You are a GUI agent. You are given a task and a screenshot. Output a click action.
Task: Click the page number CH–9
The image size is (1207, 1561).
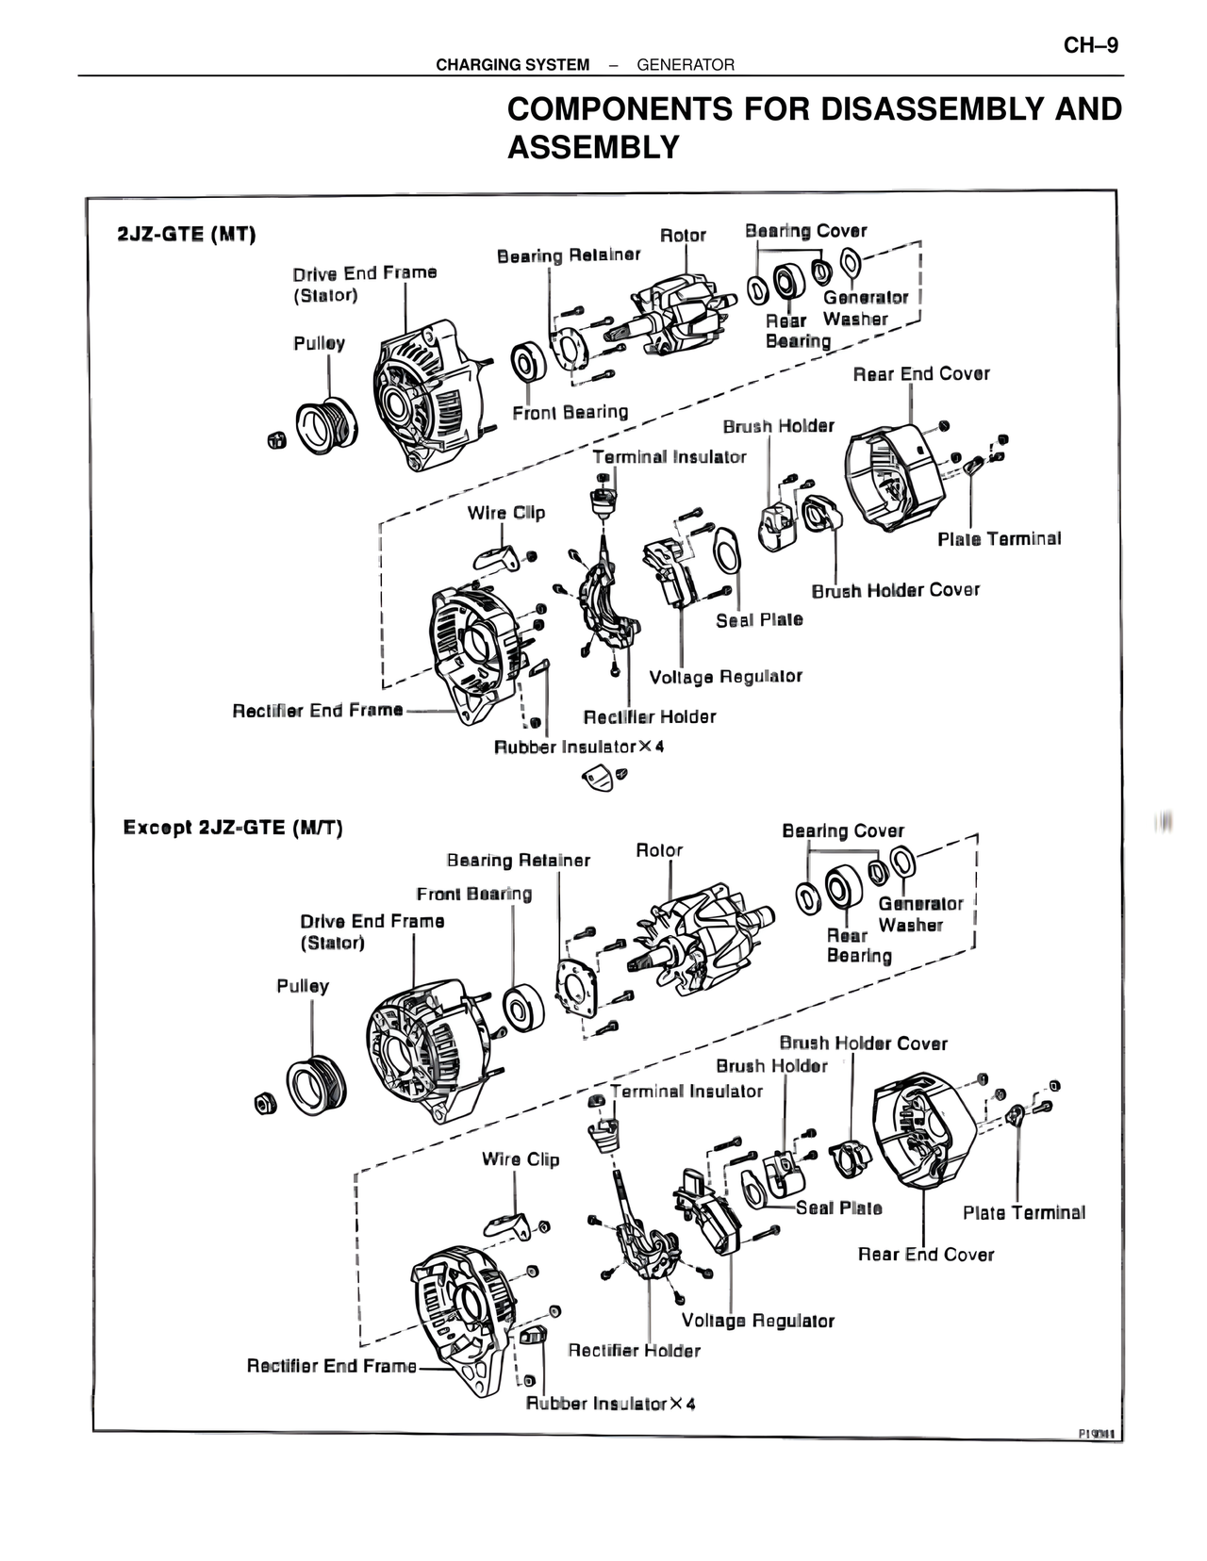click(1091, 45)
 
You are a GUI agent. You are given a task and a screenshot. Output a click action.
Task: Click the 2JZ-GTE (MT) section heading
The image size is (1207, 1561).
click(187, 235)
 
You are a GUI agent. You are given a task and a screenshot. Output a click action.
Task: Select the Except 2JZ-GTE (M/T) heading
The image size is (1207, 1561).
click(233, 828)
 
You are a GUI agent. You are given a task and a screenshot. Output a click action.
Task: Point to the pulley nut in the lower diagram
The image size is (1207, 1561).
click(266, 1102)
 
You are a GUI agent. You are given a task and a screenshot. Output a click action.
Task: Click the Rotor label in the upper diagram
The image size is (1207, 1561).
click(683, 236)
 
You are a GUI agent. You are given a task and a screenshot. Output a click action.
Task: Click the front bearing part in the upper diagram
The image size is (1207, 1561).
click(528, 363)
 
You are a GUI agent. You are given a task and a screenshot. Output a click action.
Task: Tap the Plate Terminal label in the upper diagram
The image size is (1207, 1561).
click(999, 539)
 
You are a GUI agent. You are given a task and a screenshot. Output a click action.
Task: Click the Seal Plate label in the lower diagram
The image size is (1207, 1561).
click(838, 1208)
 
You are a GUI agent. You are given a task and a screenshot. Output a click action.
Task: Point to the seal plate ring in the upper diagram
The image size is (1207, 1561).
click(726, 550)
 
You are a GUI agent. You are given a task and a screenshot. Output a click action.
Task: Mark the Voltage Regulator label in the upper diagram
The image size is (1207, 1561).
click(725, 677)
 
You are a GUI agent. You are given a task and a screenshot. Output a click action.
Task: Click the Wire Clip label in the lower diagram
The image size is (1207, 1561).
click(520, 1159)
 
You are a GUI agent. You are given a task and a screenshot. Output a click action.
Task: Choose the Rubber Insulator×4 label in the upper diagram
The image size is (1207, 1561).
click(579, 748)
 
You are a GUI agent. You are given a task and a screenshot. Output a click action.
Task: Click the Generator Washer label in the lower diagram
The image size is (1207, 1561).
click(920, 914)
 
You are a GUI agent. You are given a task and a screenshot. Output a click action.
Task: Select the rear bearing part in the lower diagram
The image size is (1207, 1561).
click(840, 887)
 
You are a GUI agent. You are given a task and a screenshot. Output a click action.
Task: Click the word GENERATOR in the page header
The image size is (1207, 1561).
click(686, 65)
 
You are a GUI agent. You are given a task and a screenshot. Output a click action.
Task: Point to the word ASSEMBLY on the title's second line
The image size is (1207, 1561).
click(593, 148)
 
